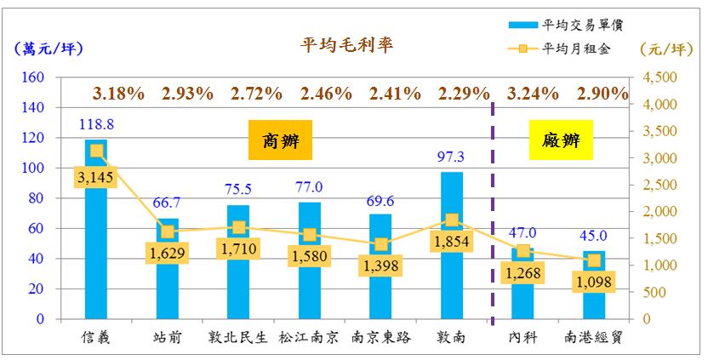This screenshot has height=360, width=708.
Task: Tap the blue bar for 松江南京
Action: (310, 289)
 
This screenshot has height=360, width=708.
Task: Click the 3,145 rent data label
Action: (97, 178)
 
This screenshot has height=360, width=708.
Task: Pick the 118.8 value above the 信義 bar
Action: (97, 124)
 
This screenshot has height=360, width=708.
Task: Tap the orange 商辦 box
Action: (281, 141)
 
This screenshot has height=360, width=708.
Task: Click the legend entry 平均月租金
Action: (582, 48)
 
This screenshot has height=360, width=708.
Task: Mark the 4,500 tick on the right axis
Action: (657, 77)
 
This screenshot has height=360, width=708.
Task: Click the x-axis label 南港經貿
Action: (594, 337)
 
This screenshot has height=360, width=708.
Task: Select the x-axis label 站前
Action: (168, 337)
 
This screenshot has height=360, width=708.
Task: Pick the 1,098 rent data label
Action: (594, 282)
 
